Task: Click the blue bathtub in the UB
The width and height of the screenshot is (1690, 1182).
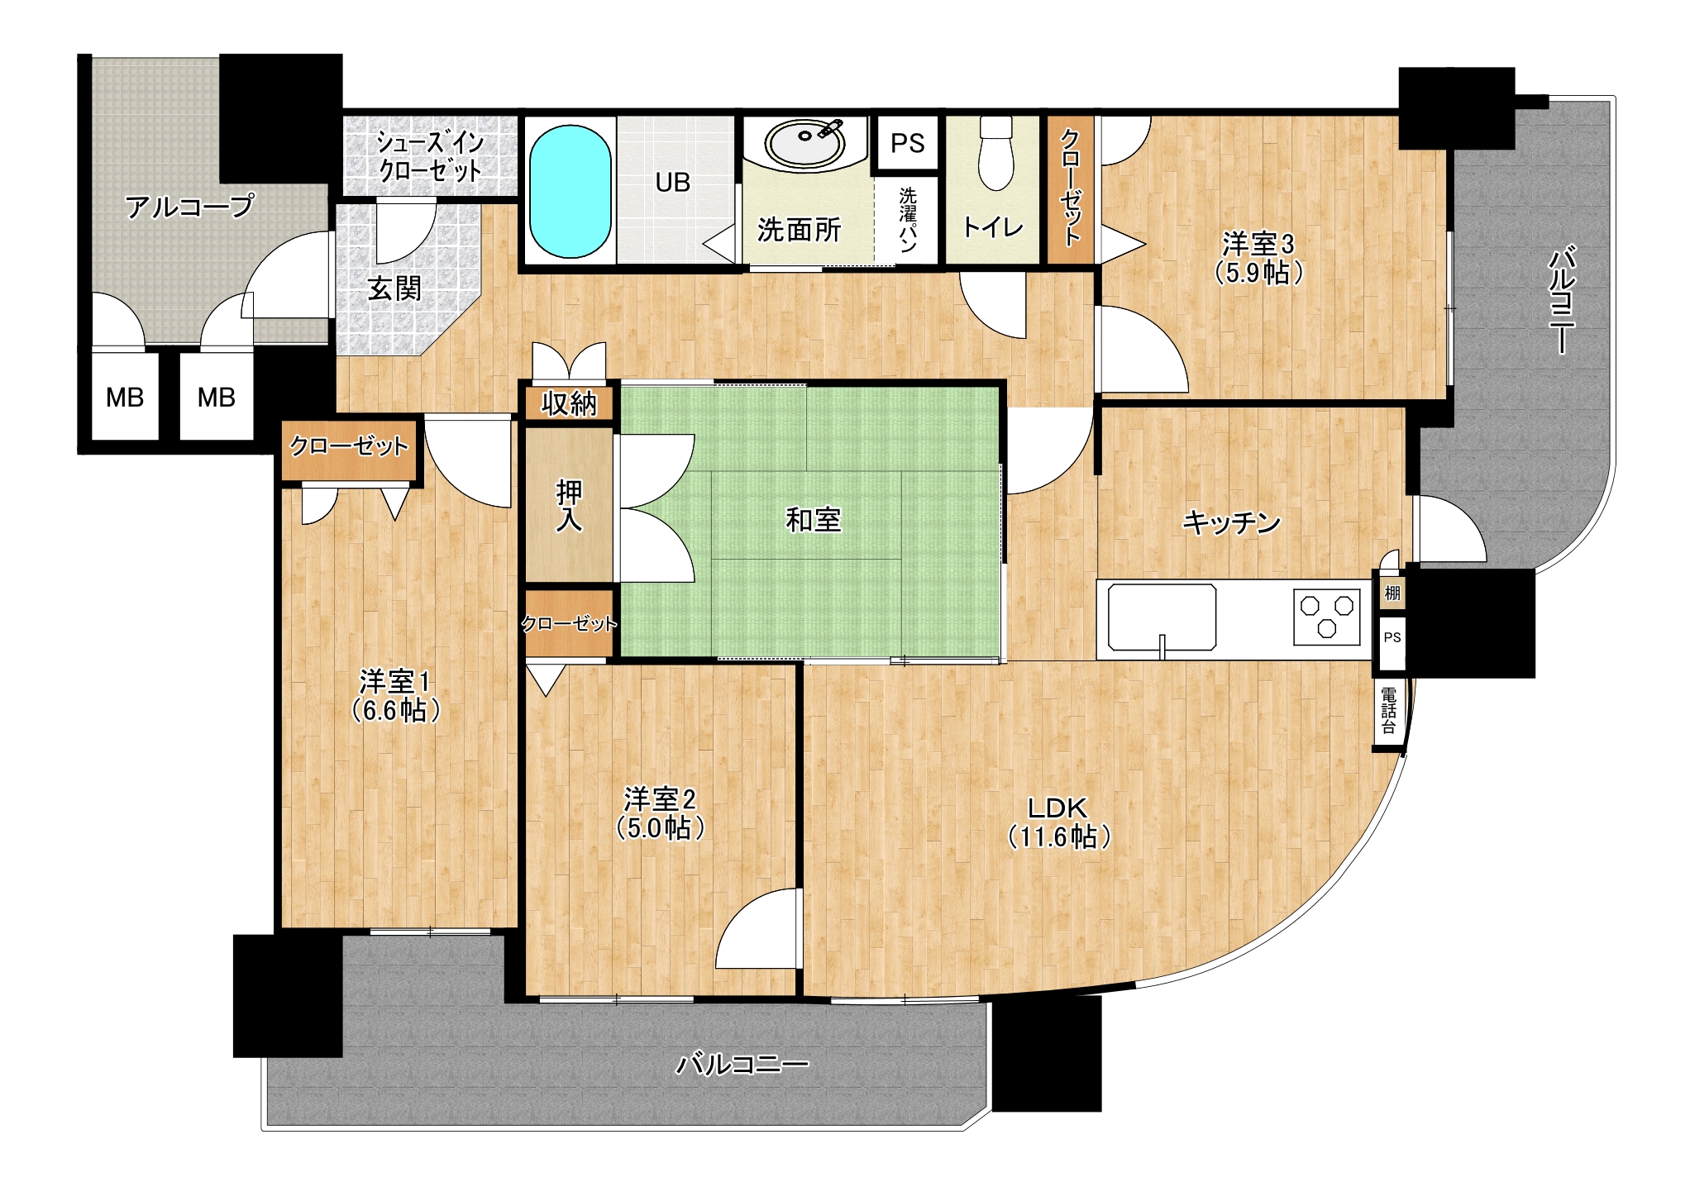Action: (570, 191)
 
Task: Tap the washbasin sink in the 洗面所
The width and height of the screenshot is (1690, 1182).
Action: (804, 144)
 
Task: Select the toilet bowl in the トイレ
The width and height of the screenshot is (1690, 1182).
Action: (995, 154)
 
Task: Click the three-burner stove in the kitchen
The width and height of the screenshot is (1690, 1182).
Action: (1326, 616)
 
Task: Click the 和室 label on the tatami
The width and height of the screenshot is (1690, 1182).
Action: (813, 520)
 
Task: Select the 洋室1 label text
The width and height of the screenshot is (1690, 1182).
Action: (394, 682)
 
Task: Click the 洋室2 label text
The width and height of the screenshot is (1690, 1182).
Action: (660, 799)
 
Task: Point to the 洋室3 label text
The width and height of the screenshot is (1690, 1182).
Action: (1258, 244)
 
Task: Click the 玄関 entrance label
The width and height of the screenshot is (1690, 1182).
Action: (394, 288)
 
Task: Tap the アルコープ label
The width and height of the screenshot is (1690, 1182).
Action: (189, 206)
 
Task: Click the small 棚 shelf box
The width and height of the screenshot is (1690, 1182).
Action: (1392, 593)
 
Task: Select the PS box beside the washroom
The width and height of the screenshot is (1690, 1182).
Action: (907, 143)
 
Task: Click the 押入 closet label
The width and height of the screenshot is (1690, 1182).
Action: (569, 505)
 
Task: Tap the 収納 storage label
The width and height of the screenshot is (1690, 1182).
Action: (569, 403)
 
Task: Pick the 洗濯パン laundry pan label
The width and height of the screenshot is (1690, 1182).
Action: (908, 219)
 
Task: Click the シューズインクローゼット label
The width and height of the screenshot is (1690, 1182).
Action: (430, 156)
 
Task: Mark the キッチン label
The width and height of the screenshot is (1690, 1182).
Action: (1231, 522)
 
